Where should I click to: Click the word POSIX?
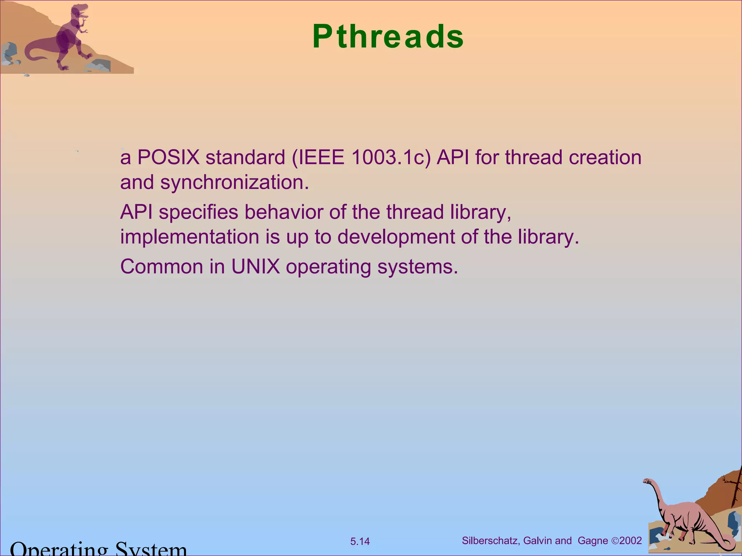(x=168, y=157)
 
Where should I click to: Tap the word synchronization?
(x=234, y=182)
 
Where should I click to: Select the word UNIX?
(x=255, y=267)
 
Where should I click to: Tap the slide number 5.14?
(x=360, y=542)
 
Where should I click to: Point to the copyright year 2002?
(x=631, y=541)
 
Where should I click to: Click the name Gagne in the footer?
(x=593, y=541)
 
